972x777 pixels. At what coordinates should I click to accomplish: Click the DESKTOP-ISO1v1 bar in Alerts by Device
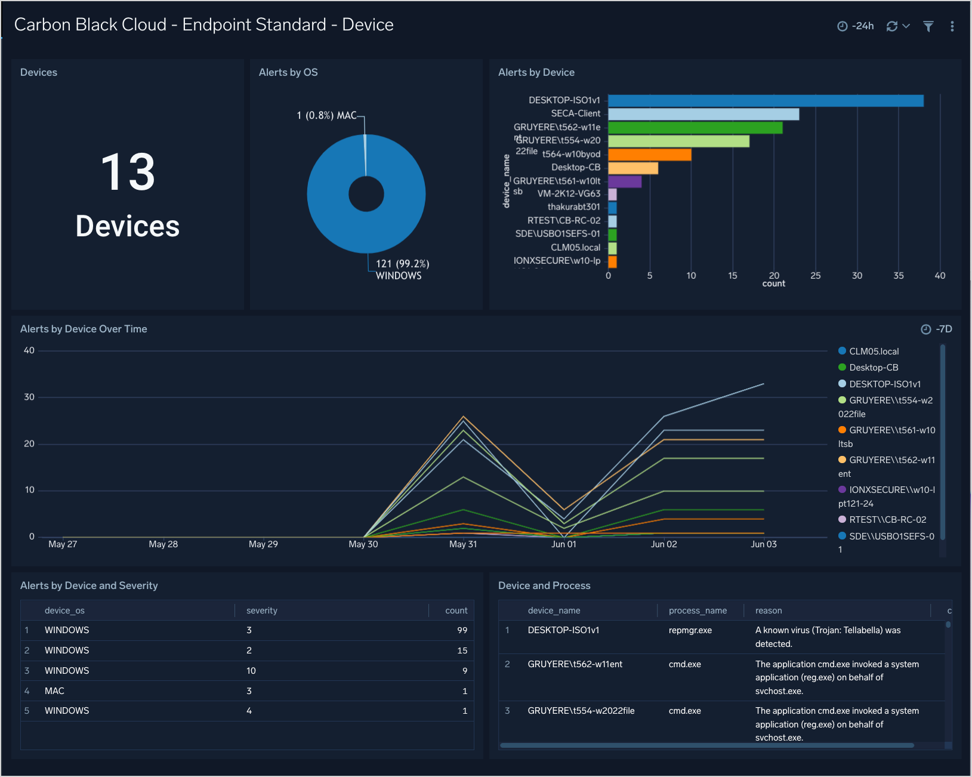point(765,101)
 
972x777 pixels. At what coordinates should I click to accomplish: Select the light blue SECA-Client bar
point(703,114)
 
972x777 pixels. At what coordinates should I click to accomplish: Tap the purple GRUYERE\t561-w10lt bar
point(624,181)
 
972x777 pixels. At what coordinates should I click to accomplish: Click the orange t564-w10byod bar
point(649,155)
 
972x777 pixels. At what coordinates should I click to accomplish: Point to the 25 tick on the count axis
point(815,276)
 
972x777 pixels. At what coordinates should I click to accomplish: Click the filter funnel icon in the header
point(928,26)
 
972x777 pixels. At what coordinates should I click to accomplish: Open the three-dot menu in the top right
point(952,26)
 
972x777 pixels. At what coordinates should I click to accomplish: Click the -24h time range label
point(862,26)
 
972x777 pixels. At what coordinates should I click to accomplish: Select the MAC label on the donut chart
point(346,115)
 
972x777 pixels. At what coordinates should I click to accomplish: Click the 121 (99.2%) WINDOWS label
point(402,270)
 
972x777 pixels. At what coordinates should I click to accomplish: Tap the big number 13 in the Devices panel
point(128,172)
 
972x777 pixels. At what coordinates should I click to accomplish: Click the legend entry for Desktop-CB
point(873,368)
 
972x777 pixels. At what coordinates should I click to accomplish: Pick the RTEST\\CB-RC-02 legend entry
point(887,520)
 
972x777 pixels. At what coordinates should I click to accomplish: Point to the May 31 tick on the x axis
point(463,544)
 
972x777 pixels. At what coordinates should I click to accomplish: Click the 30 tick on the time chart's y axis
point(29,397)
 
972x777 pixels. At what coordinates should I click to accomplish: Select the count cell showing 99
point(462,630)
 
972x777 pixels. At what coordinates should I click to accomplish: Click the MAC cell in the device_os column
point(54,691)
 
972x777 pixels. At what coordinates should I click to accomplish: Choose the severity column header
point(262,610)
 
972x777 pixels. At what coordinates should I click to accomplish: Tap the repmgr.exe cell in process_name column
point(690,630)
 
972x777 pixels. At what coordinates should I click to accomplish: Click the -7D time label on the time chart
point(943,329)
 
